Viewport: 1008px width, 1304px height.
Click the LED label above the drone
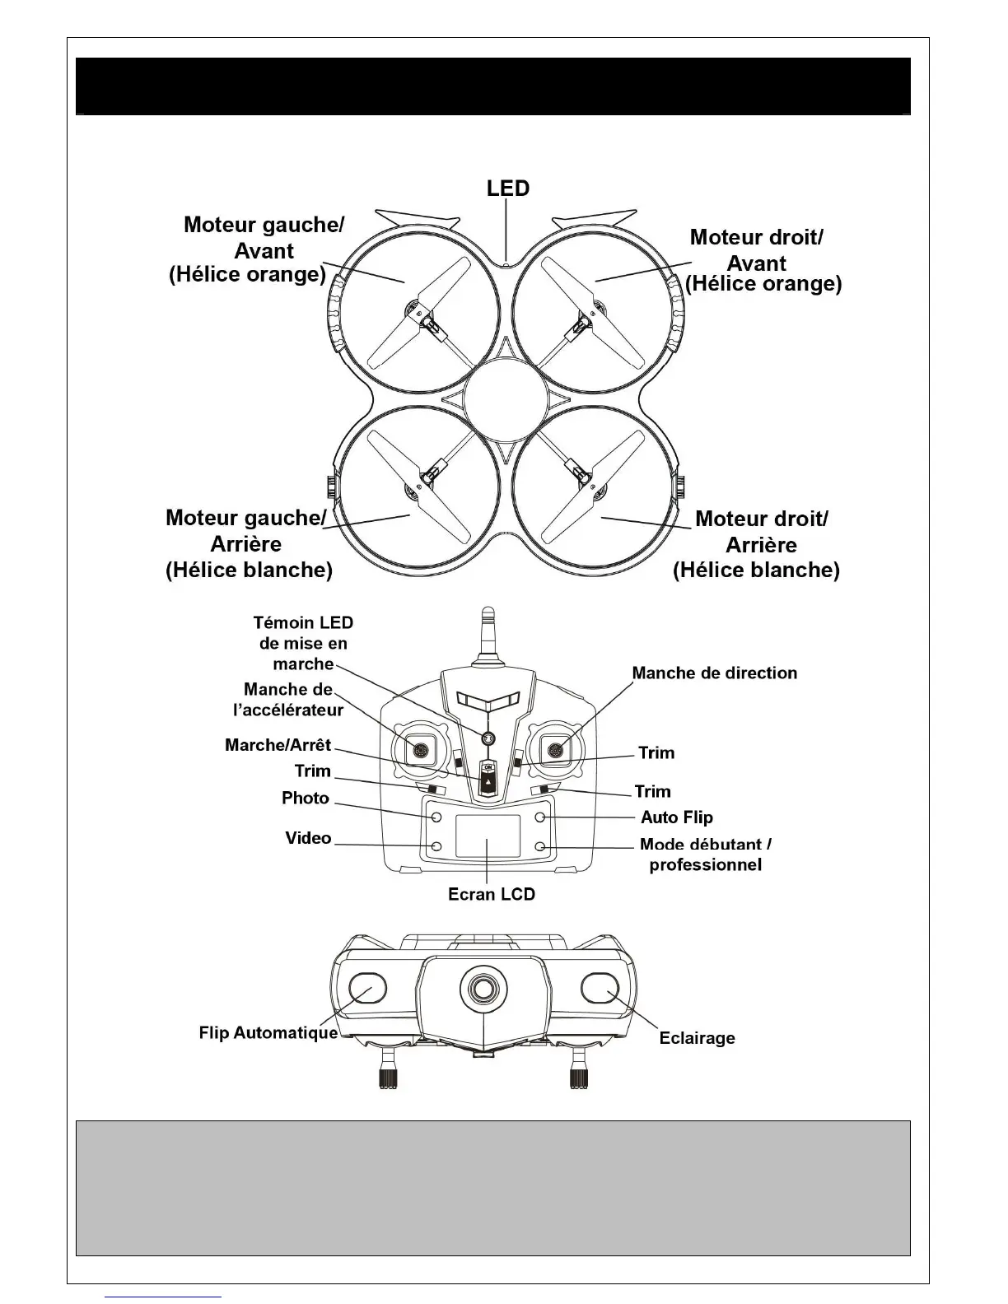[507, 189]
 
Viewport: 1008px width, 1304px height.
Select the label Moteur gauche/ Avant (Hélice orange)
[256, 249]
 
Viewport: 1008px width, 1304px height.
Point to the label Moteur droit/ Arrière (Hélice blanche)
[758, 544]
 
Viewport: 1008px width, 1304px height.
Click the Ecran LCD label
[492, 894]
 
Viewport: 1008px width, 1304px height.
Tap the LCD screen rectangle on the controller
[488, 836]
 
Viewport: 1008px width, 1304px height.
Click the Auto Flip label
[677, 817]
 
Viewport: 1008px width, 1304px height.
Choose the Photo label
[306, 799]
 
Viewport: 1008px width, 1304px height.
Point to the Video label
[308, 838]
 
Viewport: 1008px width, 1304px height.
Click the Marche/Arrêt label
[278, 745]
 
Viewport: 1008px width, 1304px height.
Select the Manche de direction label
[714, 673]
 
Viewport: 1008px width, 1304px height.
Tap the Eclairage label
[697, 1038]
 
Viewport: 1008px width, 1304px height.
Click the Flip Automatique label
[268, 1032]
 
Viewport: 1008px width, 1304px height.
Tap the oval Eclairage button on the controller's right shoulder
[600, 988]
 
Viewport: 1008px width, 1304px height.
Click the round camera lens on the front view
[483, 986]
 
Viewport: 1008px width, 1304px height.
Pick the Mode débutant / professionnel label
[706, 855]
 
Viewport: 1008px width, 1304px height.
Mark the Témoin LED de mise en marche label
[304, 643]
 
